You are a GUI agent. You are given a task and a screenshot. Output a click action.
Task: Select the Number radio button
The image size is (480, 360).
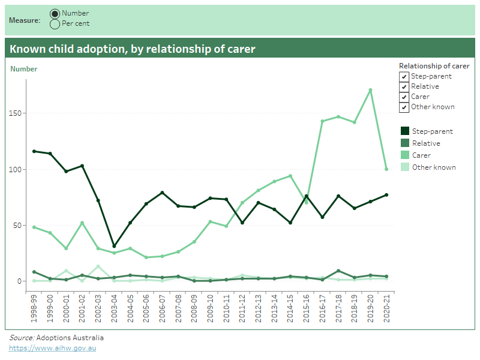[55, 13]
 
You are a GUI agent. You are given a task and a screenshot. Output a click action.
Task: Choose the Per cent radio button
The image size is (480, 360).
[55, 23]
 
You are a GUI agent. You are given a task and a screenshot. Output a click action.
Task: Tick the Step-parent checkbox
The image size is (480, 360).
[404, 77]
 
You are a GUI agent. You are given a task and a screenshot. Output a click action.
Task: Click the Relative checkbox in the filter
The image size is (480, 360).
[404, 87]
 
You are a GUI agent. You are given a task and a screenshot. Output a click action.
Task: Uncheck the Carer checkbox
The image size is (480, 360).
[404, 97]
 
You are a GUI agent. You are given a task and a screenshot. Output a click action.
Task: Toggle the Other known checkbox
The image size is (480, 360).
[404, 107]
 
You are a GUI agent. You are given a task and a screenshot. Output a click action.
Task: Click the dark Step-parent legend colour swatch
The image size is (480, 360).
[405, 131]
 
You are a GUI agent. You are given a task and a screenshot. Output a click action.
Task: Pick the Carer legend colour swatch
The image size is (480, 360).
[405, 155]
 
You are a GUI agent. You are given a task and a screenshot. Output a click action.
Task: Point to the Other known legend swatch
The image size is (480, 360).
[405, 167]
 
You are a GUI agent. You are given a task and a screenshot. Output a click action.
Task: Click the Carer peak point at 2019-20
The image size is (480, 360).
[371, 90]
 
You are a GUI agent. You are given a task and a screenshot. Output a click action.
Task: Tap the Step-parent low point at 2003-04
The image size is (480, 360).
[114, 246]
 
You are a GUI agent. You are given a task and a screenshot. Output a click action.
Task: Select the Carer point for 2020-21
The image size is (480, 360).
[386, 169]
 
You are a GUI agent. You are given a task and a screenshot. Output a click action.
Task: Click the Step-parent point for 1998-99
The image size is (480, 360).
[34, 151]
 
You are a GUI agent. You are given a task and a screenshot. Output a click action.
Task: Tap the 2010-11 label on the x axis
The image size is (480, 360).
[226, 307]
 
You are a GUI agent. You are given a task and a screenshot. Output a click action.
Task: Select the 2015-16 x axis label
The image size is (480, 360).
[307, 307]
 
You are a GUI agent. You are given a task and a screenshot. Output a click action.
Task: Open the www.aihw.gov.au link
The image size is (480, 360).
[52, 348]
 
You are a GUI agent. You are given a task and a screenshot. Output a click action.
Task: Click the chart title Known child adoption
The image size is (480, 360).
[133, 49]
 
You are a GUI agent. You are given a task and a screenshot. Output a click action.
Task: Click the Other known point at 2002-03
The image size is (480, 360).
[98, 266]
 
